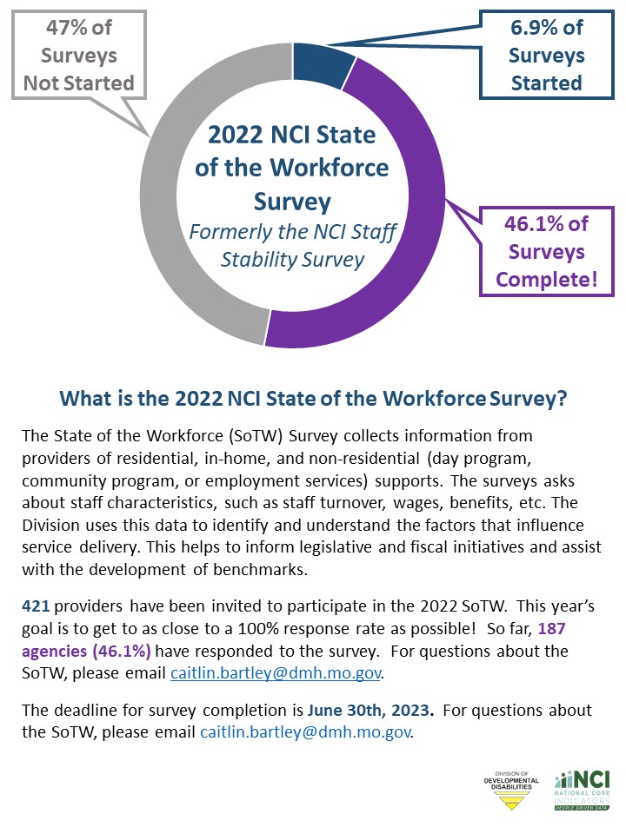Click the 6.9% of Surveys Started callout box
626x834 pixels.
point(545,56)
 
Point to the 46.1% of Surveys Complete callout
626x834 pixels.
point(545,252)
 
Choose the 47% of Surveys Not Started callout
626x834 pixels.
point(79,56)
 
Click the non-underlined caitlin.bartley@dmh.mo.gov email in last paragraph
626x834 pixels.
point(305,732)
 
